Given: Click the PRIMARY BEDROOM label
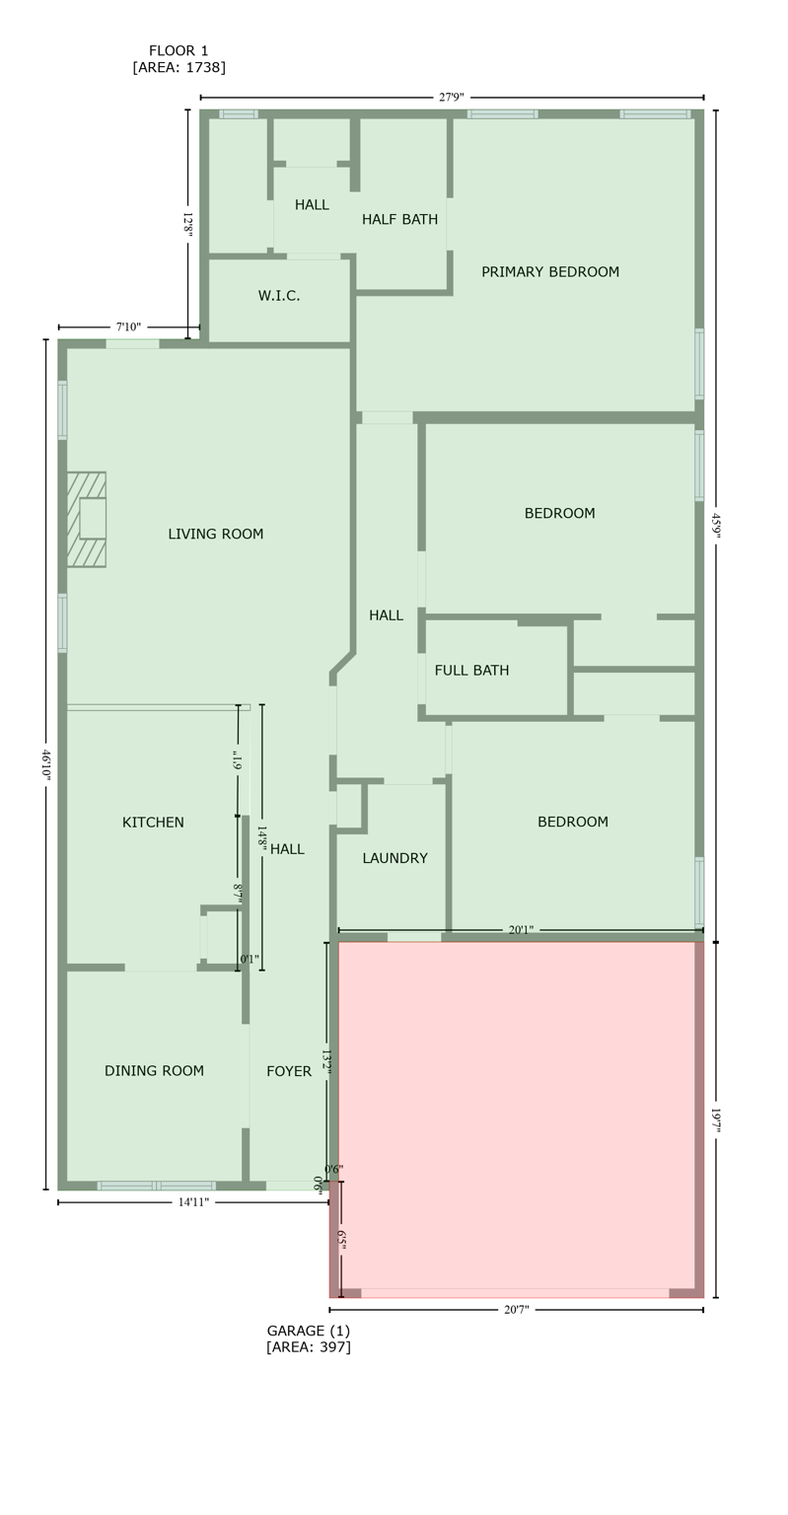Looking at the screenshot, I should point(549,272).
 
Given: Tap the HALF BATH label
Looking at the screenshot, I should point(399,220).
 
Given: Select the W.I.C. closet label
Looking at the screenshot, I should point(279,296).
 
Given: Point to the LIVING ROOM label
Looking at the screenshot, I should point(215,535).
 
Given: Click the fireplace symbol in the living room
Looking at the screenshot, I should point(87,519).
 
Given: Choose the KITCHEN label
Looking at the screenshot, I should point(153,823).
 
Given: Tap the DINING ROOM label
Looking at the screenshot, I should point(154,1071).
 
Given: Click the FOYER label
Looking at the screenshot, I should point(289,1071).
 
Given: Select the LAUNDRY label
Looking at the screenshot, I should point(394,859).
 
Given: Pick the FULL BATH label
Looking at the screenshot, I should point(471,671).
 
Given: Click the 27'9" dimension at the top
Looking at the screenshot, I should point(451,98).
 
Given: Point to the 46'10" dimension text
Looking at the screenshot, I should point(46,764).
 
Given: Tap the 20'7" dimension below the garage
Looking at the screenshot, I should point(516,1310).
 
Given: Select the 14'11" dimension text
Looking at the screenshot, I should point(193,1202).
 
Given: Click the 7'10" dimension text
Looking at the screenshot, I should point(128,327).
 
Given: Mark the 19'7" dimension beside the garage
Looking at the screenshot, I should point(716,1119).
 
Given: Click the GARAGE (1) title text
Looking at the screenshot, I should point(308,1331).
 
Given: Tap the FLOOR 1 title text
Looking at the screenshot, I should point(179,51).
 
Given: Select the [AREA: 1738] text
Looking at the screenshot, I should point(179,68).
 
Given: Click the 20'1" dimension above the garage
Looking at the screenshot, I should point(521,930).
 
